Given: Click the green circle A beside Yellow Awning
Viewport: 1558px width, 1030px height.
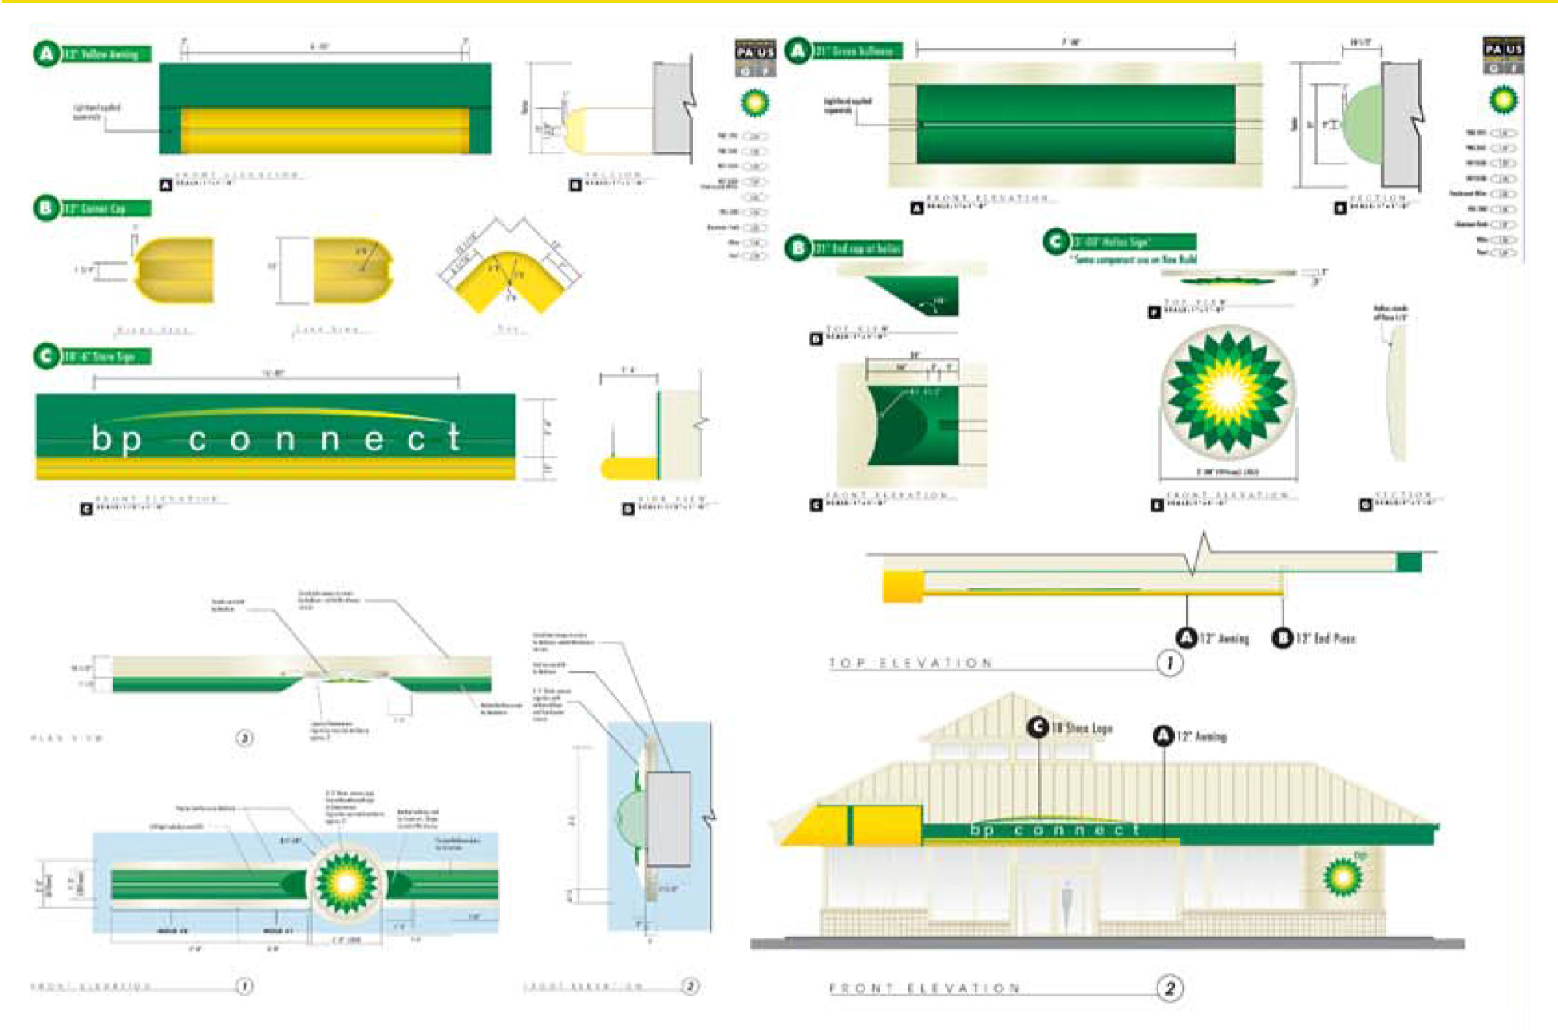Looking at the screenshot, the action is click(x=45, y=53).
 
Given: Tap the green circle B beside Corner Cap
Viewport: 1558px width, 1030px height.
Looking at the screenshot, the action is click(x=45, y=208).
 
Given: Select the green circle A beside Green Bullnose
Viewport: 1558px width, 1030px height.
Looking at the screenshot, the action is click(x=797, y=50).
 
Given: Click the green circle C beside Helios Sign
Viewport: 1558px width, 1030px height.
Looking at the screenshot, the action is click(x=1055, y=241).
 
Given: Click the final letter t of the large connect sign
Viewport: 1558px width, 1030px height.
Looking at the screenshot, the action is click(x=454, y=438).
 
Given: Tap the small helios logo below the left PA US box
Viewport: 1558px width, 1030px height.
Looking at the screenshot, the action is click(x=754, y=103).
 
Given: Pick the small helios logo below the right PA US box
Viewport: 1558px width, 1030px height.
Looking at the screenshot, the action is click(x=1503, y=100).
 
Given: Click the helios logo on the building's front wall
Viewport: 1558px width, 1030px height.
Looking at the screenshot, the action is click(x=1342, y=877).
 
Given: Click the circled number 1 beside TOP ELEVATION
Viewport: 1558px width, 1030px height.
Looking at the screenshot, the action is click(x=1170, y=663).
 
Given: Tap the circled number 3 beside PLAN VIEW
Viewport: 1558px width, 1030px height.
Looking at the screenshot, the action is click(x=244, y=738).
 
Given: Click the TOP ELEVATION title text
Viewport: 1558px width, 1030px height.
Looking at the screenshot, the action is click(x=911, y=663).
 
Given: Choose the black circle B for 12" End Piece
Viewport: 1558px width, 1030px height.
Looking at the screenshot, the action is click(x=1282, y=637).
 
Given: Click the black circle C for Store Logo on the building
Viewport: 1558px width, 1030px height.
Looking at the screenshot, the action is click(x=1038, y=727).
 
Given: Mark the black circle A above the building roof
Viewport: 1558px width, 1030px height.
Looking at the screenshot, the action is click(x=1163, y=735).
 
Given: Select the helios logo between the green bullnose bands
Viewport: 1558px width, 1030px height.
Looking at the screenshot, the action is click(x=346, y=882).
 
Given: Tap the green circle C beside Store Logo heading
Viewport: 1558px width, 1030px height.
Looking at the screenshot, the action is click(x=45, y=356).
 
